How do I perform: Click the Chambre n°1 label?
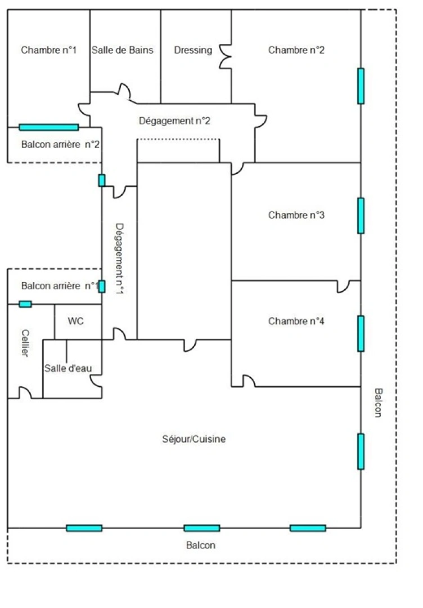48,50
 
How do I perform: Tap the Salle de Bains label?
123,50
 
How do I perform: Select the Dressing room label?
193,50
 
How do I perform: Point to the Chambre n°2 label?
296,50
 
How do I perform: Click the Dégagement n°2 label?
174,120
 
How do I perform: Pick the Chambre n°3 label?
296,215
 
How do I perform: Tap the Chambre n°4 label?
296,321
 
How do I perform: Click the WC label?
76,321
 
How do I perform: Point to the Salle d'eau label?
65,368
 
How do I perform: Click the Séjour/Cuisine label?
193,439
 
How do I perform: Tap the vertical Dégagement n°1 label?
119,258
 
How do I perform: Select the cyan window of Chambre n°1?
48,127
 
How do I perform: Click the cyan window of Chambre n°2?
361,86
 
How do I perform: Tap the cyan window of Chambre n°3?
361,216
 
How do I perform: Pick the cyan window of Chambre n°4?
361,333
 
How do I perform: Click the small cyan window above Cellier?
25,304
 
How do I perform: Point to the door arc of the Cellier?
25,392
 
